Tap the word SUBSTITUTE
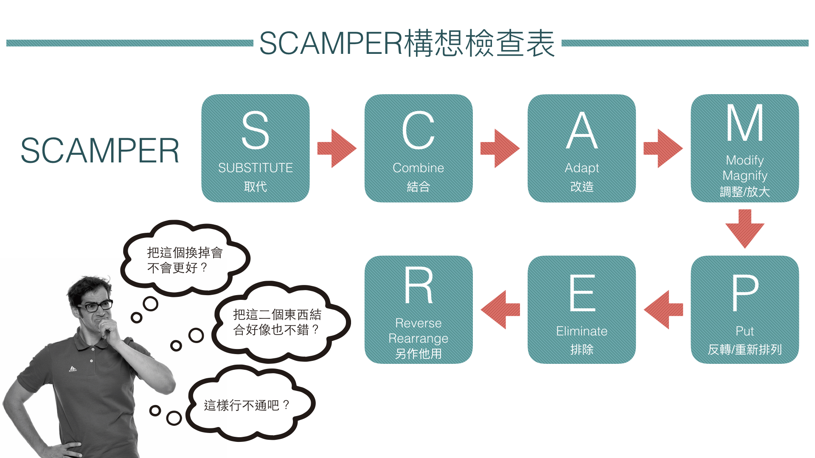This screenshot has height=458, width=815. [x=255, y=168]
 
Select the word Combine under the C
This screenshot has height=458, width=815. [x=418, y=168]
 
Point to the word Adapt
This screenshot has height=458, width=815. [x=582, y=168]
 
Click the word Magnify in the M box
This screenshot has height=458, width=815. [x=745, y=176]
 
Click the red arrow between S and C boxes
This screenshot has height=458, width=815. [x=337, y=148]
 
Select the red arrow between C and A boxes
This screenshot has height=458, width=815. [x=500, y=148]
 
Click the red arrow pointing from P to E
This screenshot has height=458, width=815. [x=663, y=310]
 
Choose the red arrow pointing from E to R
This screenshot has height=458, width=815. [x=500, y=310]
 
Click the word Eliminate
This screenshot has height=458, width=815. [x=582, y=331]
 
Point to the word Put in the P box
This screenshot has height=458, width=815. [x=745, y=331]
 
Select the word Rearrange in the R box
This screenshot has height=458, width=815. [x=418, y=338]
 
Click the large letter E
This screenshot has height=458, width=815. [x=582, y=293]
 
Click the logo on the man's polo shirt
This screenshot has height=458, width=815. [x=73, y=369]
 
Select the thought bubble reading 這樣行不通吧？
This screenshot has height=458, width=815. [x=248, y=405]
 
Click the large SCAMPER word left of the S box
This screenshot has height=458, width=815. [x=100, y=151]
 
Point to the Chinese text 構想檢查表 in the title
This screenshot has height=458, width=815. [x=479, y=43]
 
